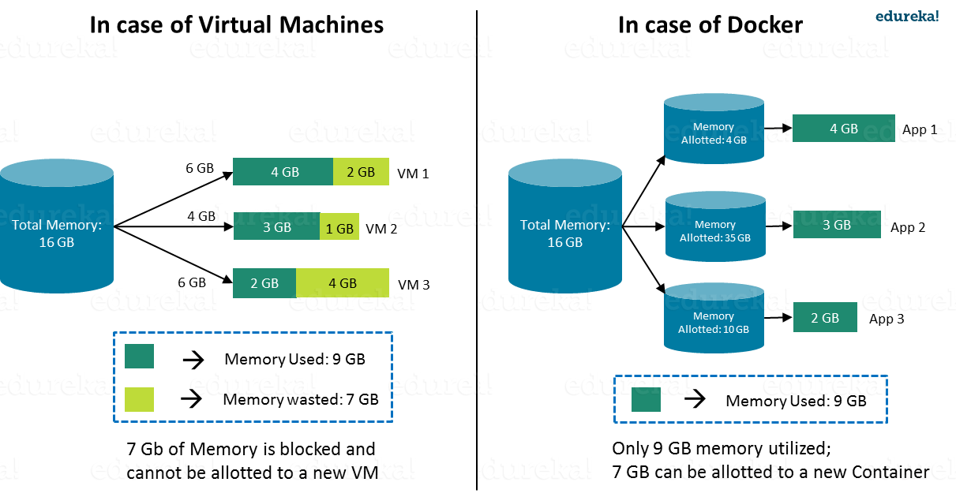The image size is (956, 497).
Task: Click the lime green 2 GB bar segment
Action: [x=361, y=172]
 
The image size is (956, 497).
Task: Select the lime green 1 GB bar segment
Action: [x=339, y=229]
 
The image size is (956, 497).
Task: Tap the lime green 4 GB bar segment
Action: [x=343, y=283]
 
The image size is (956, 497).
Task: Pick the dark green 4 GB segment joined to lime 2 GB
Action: [x=283, y=172]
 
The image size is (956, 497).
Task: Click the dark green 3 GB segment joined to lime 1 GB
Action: [x=276, y=227]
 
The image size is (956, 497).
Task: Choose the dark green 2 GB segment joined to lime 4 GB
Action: [x=264, y=283]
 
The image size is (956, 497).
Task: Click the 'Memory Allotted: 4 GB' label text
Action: [x=714, y=133]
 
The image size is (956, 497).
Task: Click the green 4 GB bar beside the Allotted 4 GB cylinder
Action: [x=843, y=129]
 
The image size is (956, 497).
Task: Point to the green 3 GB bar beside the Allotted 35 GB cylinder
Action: [x=836, y=225]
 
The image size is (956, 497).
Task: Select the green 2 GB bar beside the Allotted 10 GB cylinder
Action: [x=825, y=318]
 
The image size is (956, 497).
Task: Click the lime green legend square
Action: [x=139, y=399]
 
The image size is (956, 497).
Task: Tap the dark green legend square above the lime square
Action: [x=139, y=356]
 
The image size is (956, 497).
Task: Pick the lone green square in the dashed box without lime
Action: [x=646, y=399]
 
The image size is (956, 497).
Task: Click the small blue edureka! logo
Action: [x=907, y=17]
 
